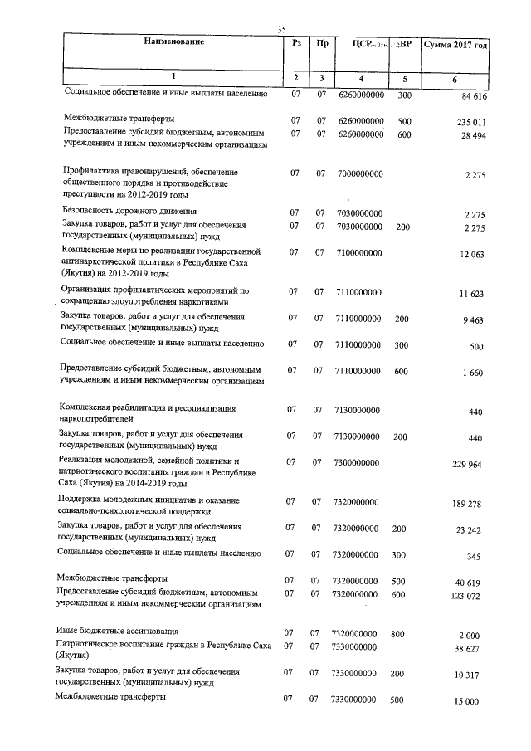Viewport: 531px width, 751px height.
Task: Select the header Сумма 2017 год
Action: (x=454, y=43)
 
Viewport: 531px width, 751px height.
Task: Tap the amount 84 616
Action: (x=472, y=98)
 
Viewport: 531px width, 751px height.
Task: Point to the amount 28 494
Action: (x=472, y=134)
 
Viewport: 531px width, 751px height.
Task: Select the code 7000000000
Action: (x=361, y=173)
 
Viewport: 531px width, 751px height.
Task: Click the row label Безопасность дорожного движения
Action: (x=131, y=212)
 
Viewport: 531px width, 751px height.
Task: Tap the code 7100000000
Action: (x=361, y=251)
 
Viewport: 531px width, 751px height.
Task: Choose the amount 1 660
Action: (x=475, y=373)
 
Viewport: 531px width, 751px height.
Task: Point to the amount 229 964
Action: (x=469, y=465)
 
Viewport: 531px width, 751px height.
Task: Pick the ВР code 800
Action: (x=397, y=634)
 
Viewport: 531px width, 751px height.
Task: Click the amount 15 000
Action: (x=470, y=701)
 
